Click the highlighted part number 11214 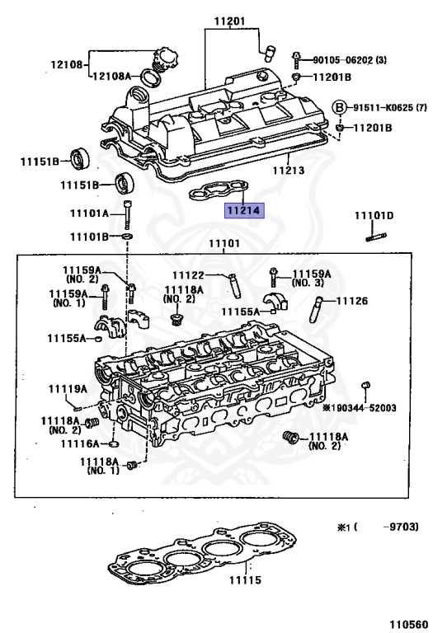[244, 210]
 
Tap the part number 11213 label [289, 170]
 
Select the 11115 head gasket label [245, 580]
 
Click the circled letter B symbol [340, 108]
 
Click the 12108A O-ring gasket [151, 78]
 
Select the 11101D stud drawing [376, 237]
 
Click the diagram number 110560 [408, 624]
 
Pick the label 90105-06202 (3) [350, 60]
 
